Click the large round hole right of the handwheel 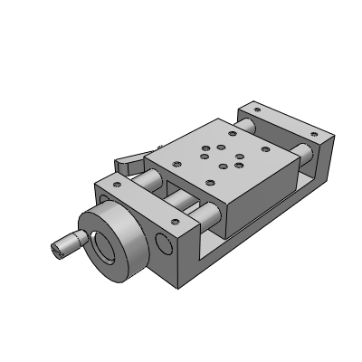click(x=164, y=243)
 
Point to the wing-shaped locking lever click(x=129, y=164)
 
